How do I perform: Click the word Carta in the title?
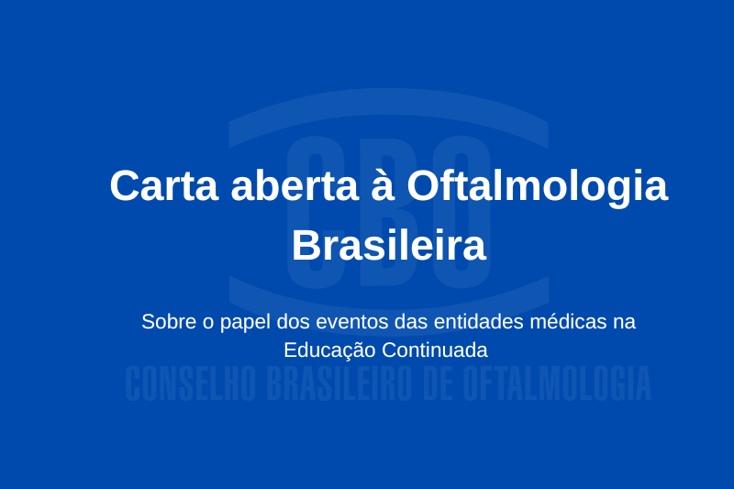click(x=162, y=186)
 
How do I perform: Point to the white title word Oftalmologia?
click(x=537, y=188)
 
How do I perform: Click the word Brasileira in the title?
click(x=389, y=246)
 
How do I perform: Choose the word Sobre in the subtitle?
click(x=165, y=322)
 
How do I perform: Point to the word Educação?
click(x=329, y=350)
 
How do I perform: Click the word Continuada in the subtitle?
click(x=435, y=350)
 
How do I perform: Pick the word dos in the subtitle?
click(x=293, y=322)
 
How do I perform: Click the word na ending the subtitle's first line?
click(x=626, y=322)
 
